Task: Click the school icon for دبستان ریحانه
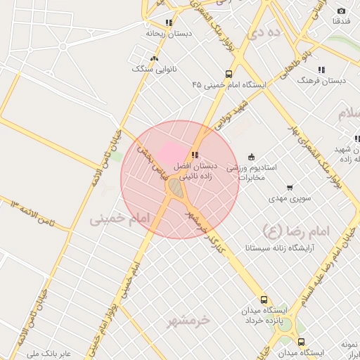[168, 22]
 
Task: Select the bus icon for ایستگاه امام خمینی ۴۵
[229, 74]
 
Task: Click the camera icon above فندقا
[342, 11]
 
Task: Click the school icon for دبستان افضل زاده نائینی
[195, 155]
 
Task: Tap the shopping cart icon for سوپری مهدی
[290, 188]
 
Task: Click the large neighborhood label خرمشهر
[188, 321]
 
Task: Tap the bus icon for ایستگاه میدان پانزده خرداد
[264, 299]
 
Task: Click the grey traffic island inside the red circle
[174, 188]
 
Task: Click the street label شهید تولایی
[233, 114]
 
